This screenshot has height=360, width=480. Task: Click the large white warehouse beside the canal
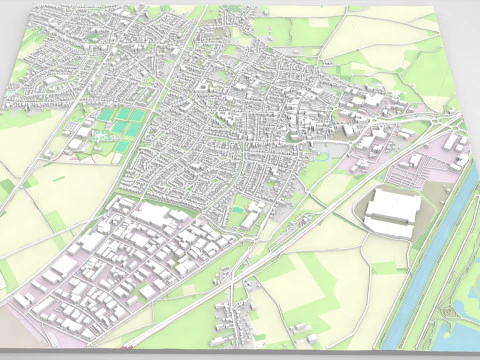tap(390, 211)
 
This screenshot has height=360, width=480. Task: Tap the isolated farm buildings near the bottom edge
tap(300, 334)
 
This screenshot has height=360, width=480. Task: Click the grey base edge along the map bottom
tap(200, 351)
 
